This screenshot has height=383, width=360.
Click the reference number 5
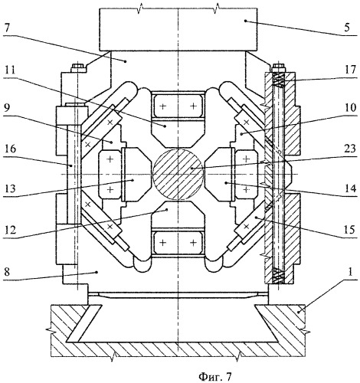click(346, 27)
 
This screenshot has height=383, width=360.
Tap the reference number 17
click(350, 70)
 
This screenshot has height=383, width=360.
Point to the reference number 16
click(10, 149)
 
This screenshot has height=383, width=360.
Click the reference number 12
click(10, 231)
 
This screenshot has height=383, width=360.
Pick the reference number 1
click(350, 272)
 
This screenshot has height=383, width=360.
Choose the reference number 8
click(7, 272)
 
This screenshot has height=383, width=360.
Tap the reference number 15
click(349, 230)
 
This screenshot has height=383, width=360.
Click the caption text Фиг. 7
click(215, 376)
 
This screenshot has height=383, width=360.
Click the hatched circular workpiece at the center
click(178, 174)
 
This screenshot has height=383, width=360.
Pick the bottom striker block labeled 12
click(178, 215)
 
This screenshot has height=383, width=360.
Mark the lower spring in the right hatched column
click(278, 276)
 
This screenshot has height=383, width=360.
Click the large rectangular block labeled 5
click(178, 29)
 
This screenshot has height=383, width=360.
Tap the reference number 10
click(350, 107)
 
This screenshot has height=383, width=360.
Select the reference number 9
click(7, 107)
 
